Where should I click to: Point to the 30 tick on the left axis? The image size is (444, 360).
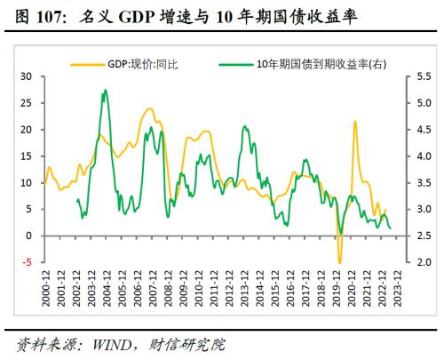pyautogui.click(x=27, y=76)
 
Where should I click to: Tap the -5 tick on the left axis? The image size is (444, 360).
pyautogui.click(x=27, y=262)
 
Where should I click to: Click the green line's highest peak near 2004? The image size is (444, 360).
pyautogui.click(x=106, y=90)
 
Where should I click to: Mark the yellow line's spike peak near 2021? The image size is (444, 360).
pyautogui.click(x=355, y=122)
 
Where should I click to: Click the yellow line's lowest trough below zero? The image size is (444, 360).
pyautogui.click(x=339, y=263)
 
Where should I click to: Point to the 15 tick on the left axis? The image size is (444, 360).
pyautogui.click(x=27, y=156)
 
